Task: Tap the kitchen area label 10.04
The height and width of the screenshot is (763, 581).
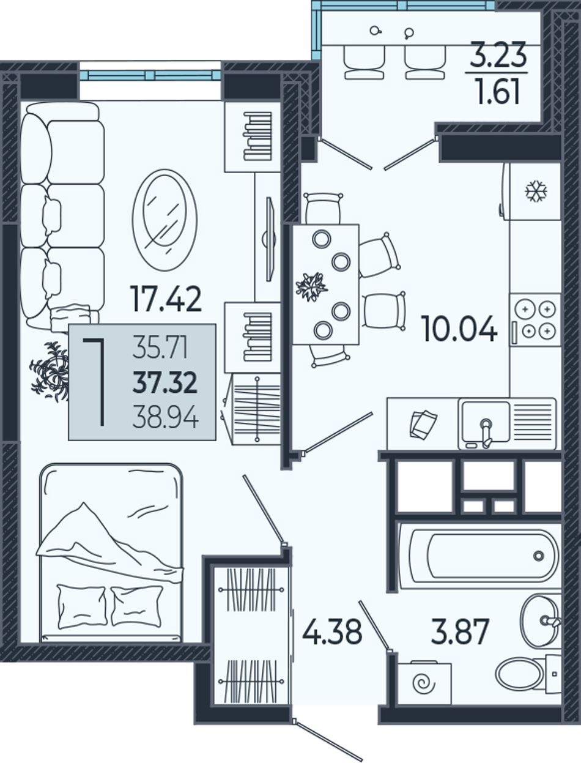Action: point(459,329)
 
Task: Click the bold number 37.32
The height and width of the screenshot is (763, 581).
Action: point(165,382)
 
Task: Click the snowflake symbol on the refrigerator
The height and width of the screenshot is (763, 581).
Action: point(536,191)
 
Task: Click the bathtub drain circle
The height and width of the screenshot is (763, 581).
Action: point(539,556)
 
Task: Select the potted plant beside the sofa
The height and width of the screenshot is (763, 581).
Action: point(50,371)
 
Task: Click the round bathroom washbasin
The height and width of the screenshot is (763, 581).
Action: point(541,621)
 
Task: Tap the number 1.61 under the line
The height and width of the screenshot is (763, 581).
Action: point(498,92)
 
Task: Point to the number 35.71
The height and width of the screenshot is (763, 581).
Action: point(160,348)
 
